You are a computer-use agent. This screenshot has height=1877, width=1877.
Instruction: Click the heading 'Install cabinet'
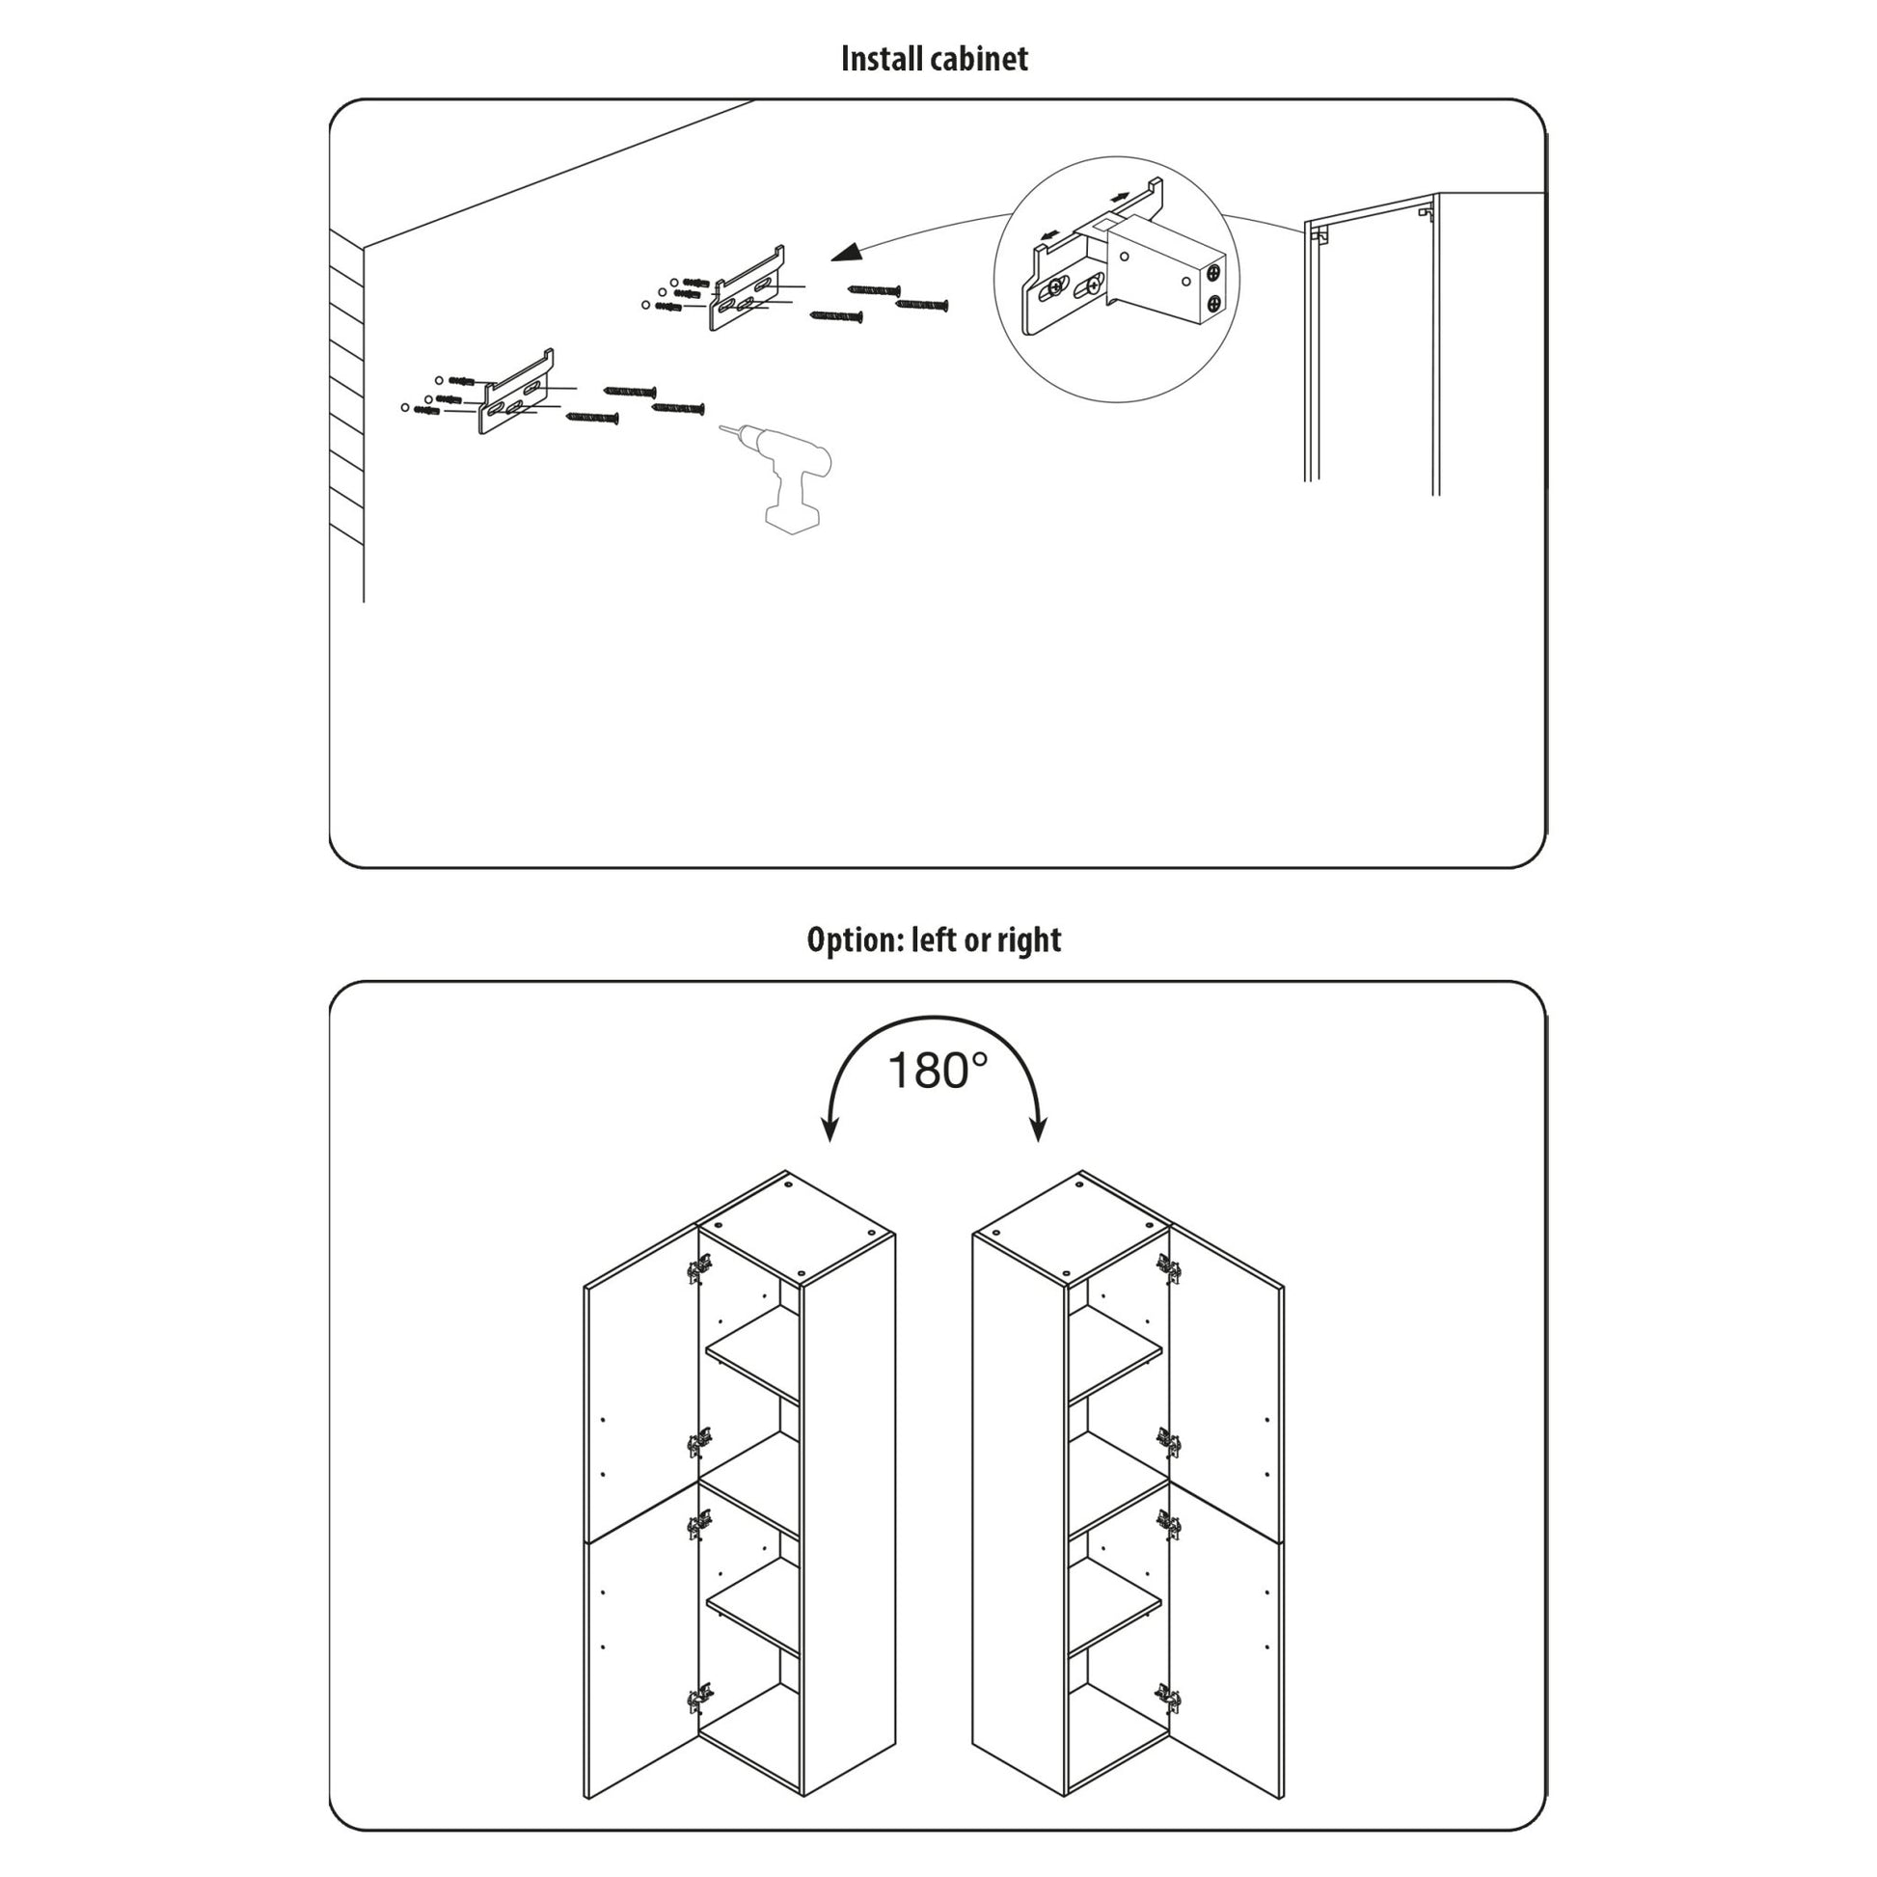[934, 59]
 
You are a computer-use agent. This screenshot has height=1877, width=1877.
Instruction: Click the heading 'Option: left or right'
[934, 939]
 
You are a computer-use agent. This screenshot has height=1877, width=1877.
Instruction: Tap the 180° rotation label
[937, 1071]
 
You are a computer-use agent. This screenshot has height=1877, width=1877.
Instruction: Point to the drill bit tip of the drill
[721, 426]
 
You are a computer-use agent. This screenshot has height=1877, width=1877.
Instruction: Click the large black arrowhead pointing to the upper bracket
[846, 253]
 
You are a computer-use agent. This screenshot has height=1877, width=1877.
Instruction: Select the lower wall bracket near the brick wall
[516, 393]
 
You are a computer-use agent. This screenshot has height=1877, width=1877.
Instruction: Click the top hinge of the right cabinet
[1169, 1266]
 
